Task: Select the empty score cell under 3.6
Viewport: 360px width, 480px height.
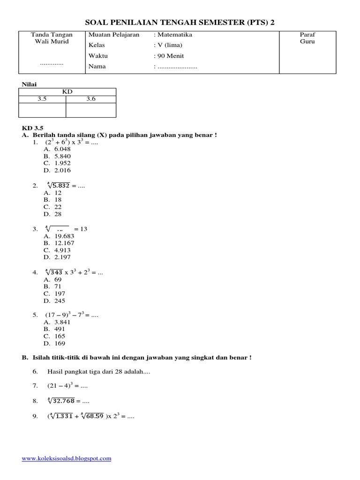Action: pos(91,110)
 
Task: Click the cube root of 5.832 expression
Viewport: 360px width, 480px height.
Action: pos(58,186)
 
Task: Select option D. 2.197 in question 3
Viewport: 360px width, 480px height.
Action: pos(59,257)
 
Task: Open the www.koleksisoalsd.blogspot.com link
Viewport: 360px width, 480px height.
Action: pos(67,458)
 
